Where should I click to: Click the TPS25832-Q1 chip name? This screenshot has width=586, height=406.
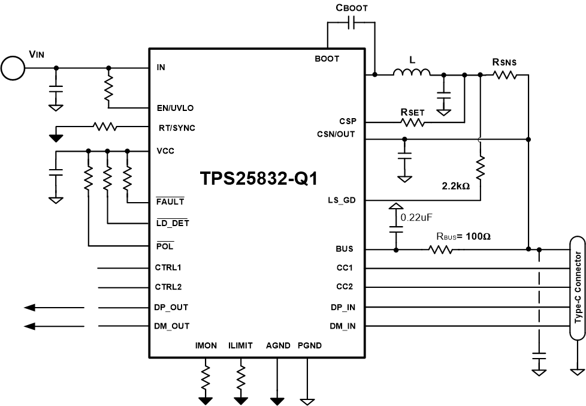258,179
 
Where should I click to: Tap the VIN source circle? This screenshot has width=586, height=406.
13,68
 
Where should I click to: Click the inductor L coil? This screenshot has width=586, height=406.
412,73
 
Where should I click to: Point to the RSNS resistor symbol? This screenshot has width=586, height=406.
504,75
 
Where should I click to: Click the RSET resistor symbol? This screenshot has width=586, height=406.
412,122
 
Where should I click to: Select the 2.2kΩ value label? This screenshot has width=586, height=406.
456,186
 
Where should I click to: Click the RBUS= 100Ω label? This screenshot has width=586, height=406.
463,236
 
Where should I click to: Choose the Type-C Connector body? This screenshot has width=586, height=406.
578,287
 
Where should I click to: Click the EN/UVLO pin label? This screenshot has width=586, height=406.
175,108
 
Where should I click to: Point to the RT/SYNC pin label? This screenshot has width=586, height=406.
177,128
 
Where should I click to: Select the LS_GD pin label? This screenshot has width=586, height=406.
342,200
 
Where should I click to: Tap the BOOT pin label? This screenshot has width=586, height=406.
327,59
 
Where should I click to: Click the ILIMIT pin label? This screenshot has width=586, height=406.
240,345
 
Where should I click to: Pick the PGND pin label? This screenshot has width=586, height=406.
309,345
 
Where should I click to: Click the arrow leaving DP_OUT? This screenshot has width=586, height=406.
54,308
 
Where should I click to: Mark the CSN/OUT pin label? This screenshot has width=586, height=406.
336,134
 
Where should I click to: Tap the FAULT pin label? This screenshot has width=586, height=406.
170,202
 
